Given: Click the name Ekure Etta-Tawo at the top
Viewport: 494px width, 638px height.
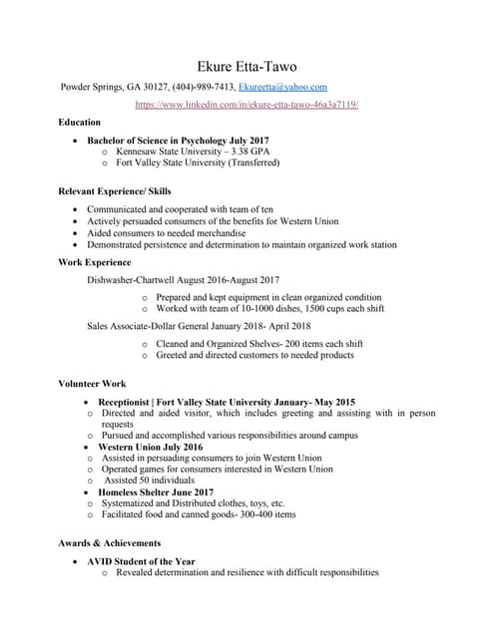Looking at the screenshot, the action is point(247,66).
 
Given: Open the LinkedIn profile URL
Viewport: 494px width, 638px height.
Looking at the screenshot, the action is point(247,104).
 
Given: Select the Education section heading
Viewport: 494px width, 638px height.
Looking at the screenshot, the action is point(80,123).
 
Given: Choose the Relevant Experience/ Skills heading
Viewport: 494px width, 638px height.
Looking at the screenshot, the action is point(115,189).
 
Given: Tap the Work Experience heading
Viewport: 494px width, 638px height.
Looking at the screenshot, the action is point(95,262).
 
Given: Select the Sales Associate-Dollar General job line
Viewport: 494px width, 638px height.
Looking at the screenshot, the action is point(199,326).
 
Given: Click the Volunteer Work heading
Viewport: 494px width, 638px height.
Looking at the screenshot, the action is point(92,383).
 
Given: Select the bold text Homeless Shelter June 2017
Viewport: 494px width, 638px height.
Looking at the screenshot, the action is point(156,492).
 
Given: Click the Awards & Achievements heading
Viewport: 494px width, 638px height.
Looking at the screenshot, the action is point(110,543).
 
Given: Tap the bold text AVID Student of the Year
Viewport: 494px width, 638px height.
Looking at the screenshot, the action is point(141,561).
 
